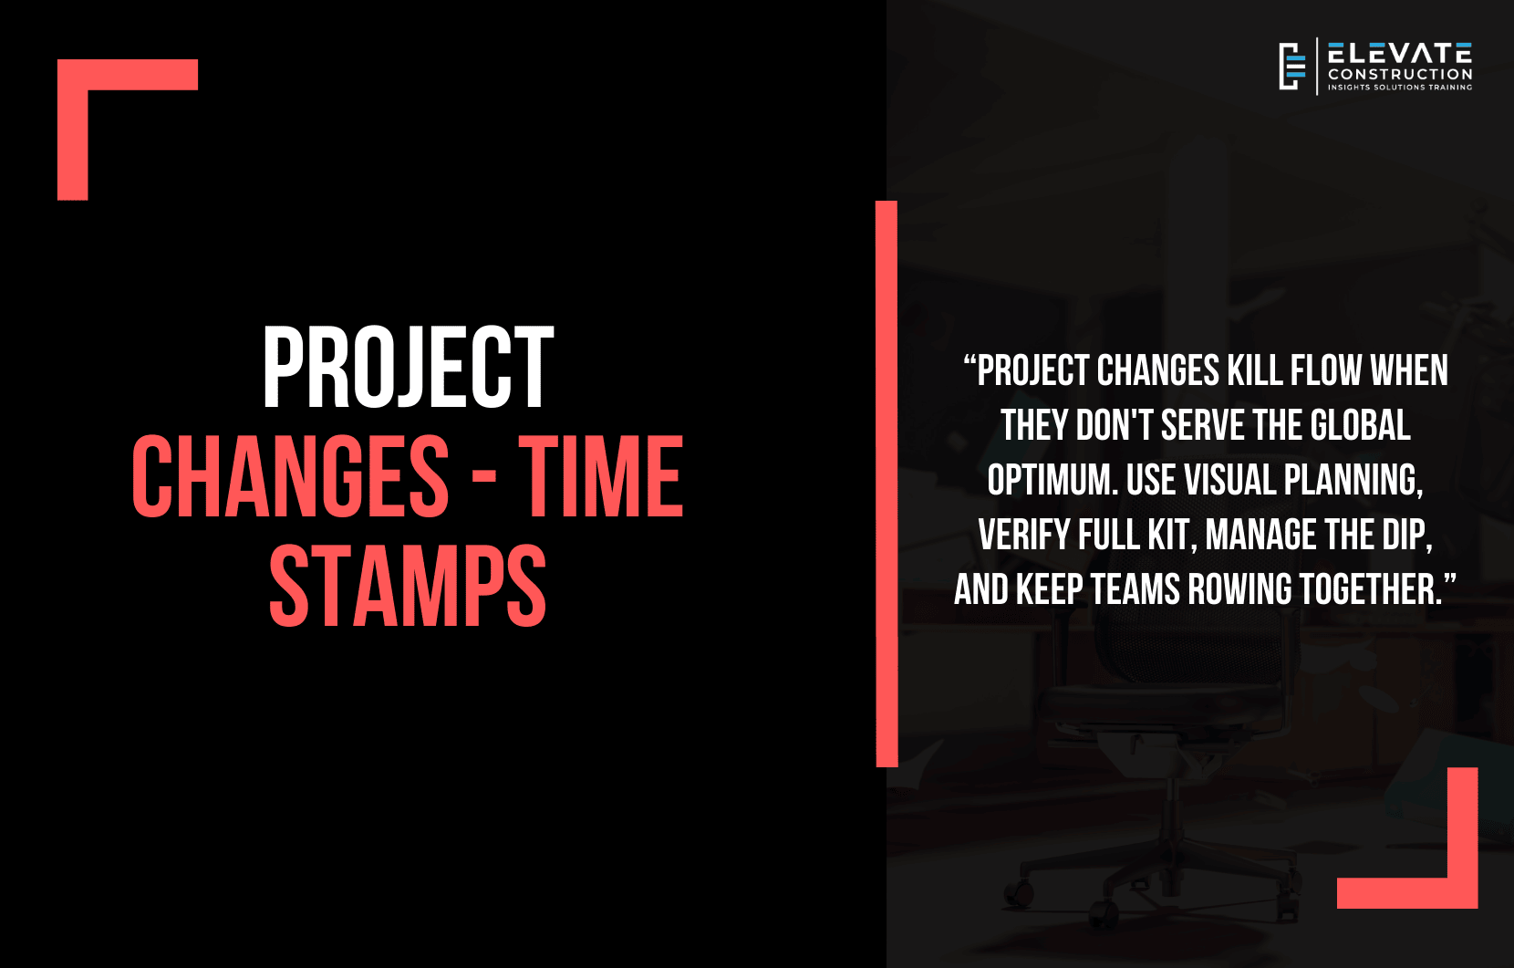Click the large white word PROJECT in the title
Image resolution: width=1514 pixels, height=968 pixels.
tap(409, 367)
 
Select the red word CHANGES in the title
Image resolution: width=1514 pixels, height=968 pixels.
tap(290, 476)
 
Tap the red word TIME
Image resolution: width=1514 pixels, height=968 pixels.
tap(601, 476)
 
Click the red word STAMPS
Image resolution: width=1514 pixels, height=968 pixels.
tap(408, 586)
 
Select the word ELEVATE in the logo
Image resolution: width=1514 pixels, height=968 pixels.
tap(1400, 53)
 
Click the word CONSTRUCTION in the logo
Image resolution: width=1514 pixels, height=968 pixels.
tap(1400, 74)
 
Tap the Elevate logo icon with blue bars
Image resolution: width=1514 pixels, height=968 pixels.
tap(1291, 67)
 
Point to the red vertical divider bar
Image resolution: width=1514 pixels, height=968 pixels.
tap(887, 484)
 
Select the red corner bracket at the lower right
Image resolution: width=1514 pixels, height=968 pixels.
tap(1462, 892)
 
